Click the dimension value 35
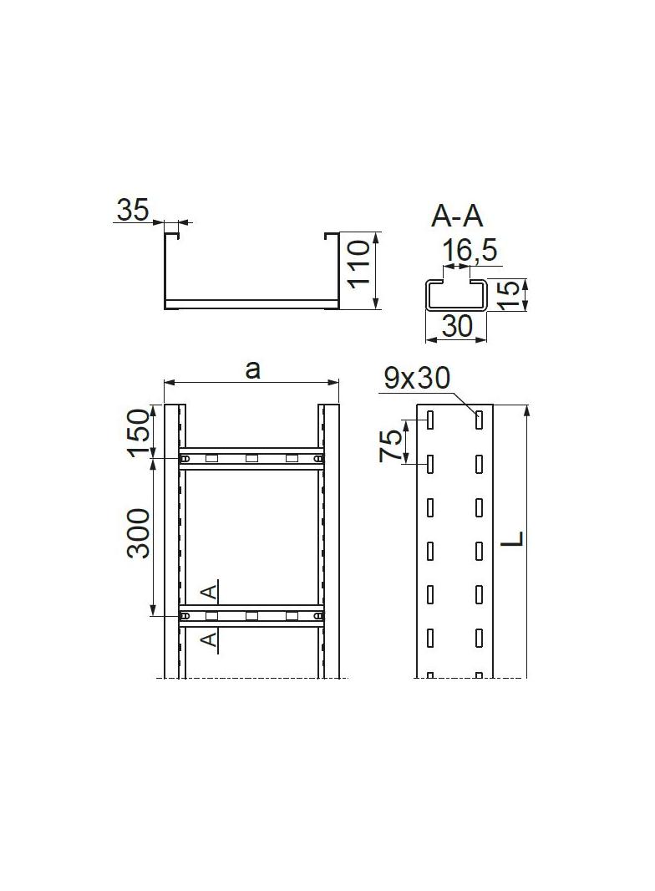[131, 209]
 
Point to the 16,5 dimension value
[470, 249]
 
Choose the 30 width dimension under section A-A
[457, 326]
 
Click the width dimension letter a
[252, 369]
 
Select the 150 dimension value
[139, 431]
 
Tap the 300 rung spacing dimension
[139, 533]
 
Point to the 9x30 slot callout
[417, 379]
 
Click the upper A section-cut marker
[211, 592]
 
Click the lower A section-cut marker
[211, 639]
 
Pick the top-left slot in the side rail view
[429, 420]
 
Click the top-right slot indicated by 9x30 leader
[480, 420]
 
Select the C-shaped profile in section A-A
[456, 296]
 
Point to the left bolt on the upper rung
[186, 458]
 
